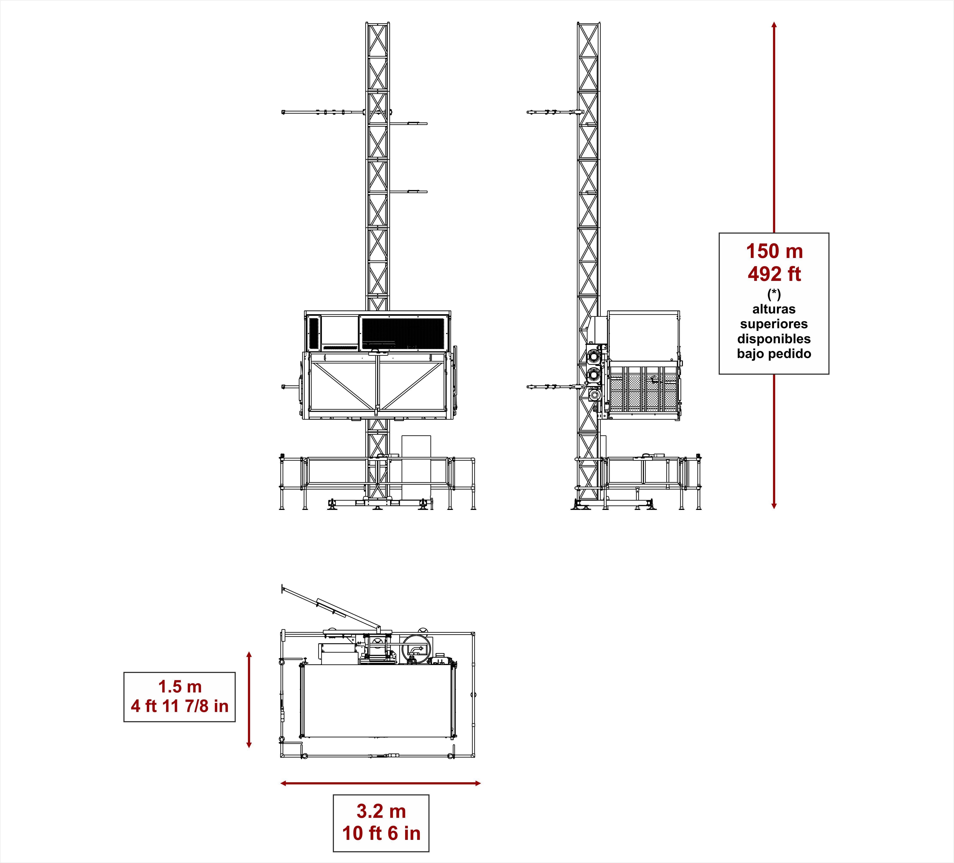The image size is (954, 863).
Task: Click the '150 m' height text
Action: [x=774, y=251]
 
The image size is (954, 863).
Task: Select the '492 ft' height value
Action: [x=774, y=274]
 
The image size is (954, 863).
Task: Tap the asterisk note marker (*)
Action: [x=774, y=294]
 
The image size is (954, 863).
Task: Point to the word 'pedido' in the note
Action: [x=793, y=354]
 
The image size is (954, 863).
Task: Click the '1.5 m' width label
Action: [x=180, y=686]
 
